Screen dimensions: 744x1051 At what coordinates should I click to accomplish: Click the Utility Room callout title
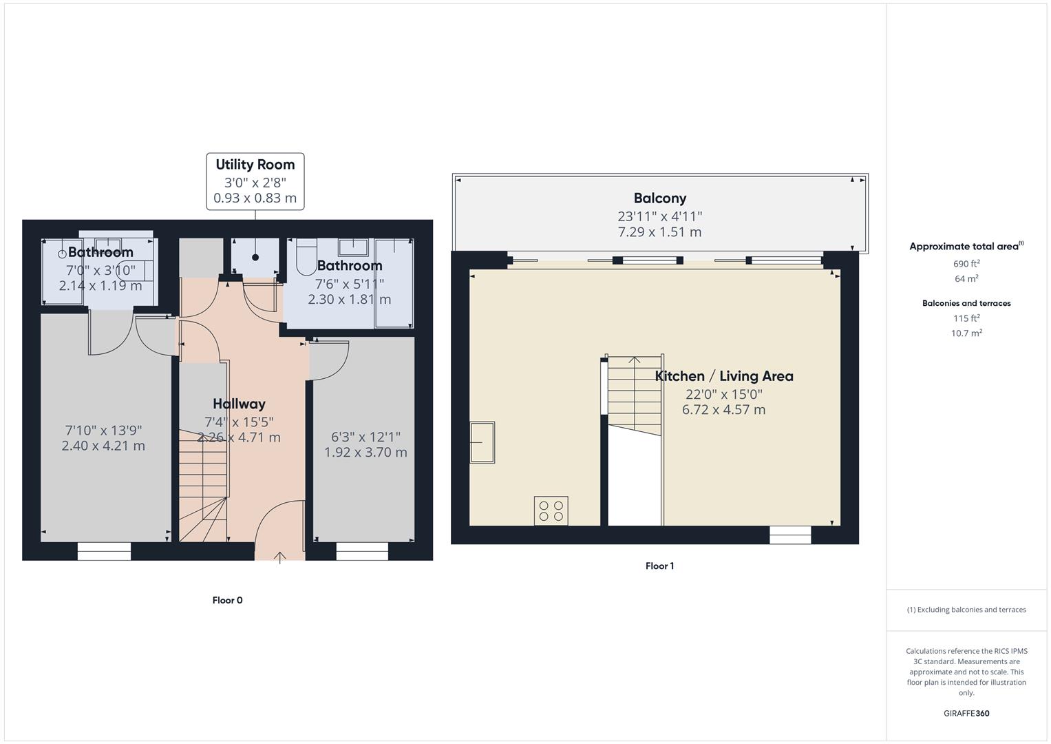click(255, 165)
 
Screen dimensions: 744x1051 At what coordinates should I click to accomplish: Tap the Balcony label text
click(659, 198)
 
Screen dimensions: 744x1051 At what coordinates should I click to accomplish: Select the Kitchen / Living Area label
click(723, 376)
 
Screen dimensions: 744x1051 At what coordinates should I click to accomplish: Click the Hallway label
click(239, 404)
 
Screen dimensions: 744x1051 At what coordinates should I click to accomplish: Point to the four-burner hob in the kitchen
click(551, 510)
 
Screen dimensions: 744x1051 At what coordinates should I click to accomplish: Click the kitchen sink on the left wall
click(482, 442)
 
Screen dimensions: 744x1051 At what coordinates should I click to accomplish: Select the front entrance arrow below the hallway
click(280, 557)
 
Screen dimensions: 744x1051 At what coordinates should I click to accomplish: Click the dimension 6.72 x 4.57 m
click(723, 410)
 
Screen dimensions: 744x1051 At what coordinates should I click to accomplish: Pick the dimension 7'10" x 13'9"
click(103, 430)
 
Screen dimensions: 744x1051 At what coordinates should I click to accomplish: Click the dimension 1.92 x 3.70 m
click(365, 453)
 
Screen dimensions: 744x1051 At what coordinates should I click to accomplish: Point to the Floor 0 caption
click(227, 600)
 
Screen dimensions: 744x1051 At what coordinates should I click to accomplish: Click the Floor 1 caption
click(659, 566)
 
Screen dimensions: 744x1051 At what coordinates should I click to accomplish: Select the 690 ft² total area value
click(966, 264)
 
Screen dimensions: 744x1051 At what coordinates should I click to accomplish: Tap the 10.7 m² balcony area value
click(966, 333)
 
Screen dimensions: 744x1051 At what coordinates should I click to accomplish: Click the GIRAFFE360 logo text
click(966, 714)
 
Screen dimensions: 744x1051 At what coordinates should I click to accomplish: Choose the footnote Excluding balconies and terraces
click(966, 610)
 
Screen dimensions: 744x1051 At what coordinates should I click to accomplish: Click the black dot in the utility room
click(255, 258)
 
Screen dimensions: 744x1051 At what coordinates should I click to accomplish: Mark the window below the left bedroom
click(104, 550)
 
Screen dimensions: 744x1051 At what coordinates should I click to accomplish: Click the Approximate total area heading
click(966, 246)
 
